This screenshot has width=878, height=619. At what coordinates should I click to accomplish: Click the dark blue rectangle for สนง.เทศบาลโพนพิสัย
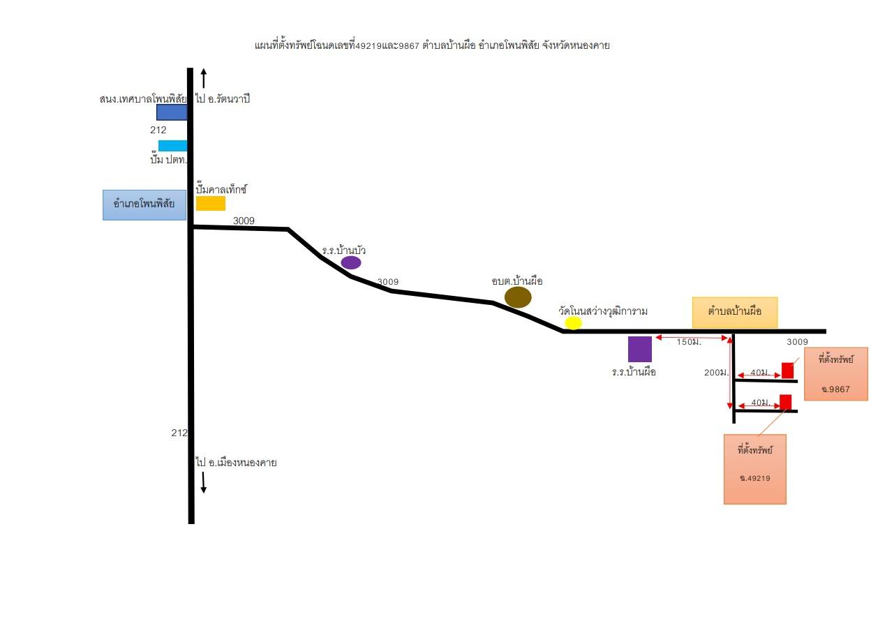click(172, 112)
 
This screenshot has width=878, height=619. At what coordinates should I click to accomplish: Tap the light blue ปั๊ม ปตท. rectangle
click(173, 146)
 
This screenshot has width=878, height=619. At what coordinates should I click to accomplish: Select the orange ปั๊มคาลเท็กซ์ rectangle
click(211, 204)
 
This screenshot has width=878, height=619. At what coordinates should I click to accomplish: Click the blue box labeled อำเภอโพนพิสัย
click(144, 205)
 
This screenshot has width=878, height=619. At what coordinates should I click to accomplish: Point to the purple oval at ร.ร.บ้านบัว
click(351, 262)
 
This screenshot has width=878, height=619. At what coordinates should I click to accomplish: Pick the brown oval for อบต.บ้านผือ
click(518, 297)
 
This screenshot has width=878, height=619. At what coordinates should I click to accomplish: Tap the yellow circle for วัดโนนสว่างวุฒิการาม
click(573, 323)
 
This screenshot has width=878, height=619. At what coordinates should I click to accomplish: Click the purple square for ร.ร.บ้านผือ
click(640, 349)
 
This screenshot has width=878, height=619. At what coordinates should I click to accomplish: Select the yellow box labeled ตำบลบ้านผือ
click(735, 313)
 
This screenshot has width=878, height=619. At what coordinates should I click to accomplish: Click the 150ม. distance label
click(689, 342)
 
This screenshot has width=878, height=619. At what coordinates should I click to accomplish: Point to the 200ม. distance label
click(716, 373)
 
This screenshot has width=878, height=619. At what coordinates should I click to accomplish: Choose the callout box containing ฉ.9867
click(836, 374)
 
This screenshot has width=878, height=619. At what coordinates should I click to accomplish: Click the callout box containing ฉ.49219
click(755, 469)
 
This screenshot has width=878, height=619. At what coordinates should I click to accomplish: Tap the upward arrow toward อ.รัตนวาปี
click(203, 78)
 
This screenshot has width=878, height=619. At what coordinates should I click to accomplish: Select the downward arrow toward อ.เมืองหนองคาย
click(203, 483)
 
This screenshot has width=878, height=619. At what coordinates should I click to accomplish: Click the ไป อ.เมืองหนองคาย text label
click(237, 463)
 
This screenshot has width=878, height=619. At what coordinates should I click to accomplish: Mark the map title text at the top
click(432, 45)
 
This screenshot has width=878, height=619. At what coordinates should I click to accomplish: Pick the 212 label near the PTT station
click(158, 130)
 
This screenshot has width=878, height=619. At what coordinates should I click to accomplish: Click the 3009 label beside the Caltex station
click(244, 221)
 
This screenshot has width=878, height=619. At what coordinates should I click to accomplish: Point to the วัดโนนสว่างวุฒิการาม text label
click(603, 311)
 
